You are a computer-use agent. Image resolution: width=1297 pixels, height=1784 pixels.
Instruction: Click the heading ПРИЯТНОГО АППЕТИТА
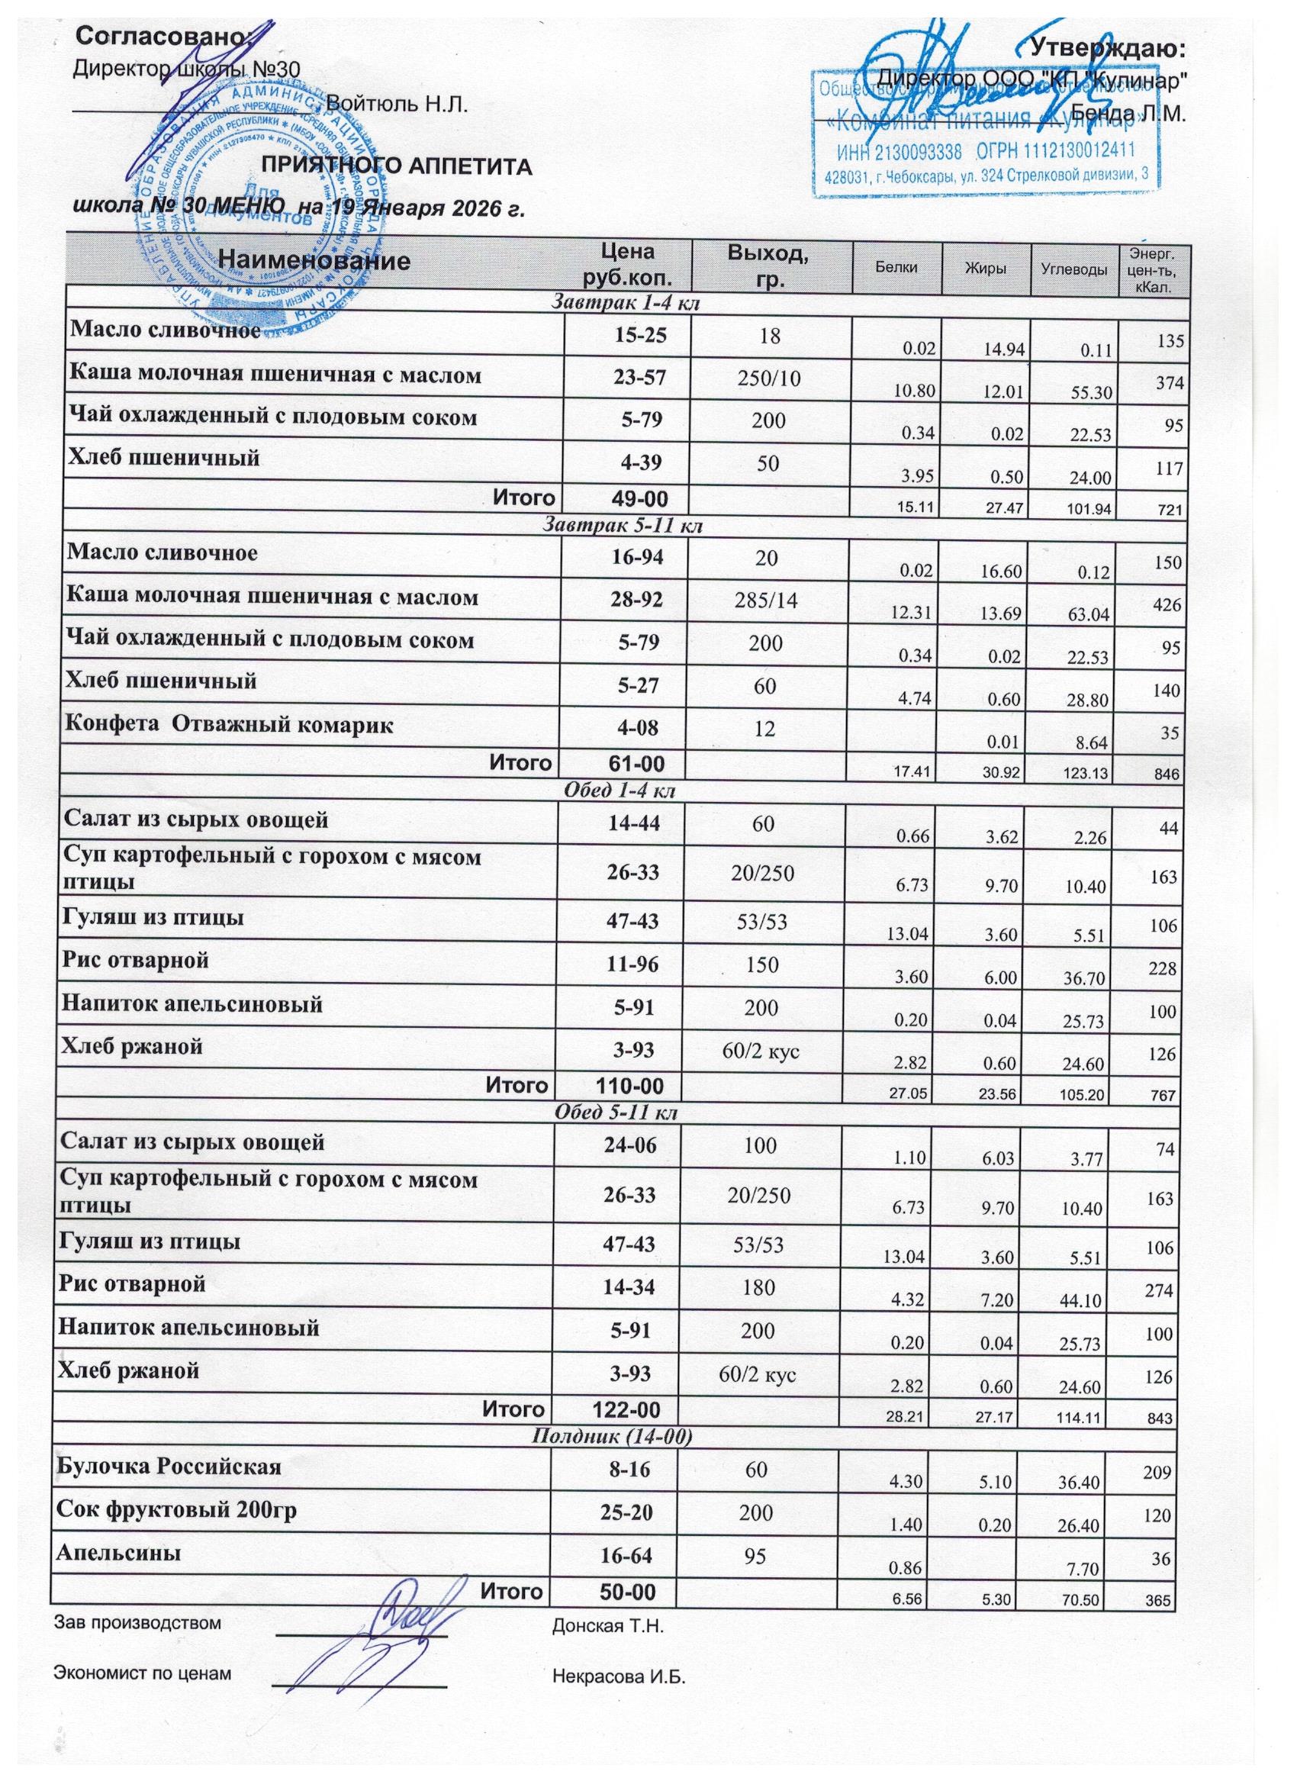pyautogui.click(x=397, y=167)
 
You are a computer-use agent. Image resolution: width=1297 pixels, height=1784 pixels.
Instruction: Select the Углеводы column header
pyautogui.click(x=1074, y=269)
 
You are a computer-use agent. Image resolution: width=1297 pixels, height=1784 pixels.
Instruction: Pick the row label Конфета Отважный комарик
pyautogui.click(x=230, y=724)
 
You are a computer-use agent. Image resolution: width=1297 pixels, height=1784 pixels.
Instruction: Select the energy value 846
pyautogui.click(x=1167, y=774)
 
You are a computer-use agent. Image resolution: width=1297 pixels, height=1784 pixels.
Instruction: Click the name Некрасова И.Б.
pyautogui.click(x=619, y=1676)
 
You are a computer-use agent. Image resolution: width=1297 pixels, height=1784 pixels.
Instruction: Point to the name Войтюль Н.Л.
pyautogui.click(x=397, y=104)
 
